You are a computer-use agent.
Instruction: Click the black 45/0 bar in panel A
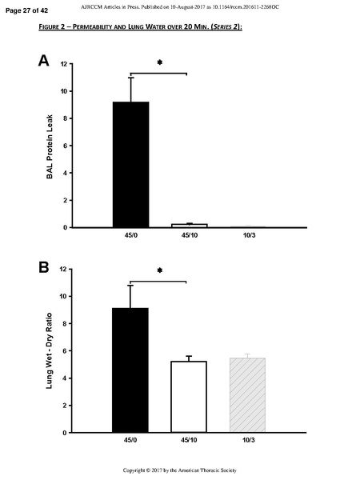pos(130,164)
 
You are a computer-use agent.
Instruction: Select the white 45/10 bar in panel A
pos(190,226)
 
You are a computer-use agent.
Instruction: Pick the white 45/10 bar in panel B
pos(190,397)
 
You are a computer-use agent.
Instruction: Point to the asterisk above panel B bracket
pos(159,272)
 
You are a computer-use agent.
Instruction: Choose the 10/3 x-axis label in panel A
pos(249,237)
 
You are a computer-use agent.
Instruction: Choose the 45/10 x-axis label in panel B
pos(190,442)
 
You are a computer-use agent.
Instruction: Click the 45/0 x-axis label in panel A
pos(130,237)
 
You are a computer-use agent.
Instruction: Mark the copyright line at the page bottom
pos(179,469)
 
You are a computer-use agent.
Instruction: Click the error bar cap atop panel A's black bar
pos(130,78)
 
